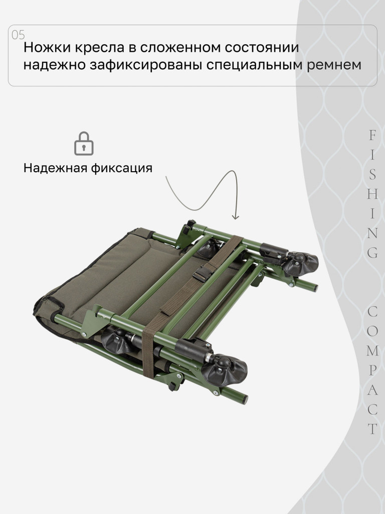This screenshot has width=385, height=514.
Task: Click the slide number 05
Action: tap(18, 35)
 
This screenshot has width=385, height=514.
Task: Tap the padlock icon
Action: tap(84, 144)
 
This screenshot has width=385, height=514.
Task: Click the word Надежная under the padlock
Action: tap(55, 168)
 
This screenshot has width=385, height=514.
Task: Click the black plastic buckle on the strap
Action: tap(202, 274)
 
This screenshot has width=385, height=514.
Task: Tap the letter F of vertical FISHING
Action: tap(372, 136)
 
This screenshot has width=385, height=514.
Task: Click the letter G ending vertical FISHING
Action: tap(372, 252)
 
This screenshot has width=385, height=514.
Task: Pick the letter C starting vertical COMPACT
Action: tap(372, 312)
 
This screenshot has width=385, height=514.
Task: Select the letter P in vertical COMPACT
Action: tap(372, 370)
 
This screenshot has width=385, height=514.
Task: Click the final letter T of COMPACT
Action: tap(372, 429)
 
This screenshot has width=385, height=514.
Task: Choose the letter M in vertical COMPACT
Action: tap(372, 351)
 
